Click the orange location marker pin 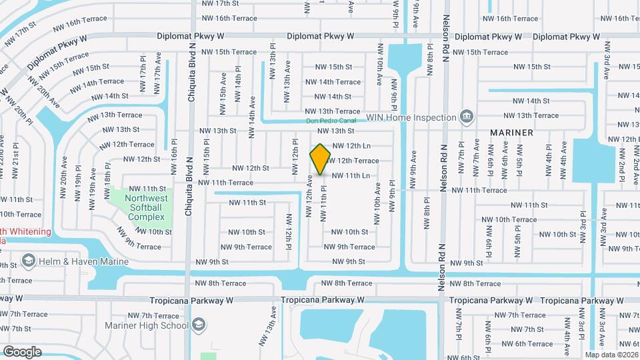click(321, 159)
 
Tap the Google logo click(22, 351)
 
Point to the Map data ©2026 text click(611, 355)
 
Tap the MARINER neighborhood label click(511, 133)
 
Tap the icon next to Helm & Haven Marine click(29, 259)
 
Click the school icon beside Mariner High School click(199, 325)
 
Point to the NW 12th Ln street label click(351, 145)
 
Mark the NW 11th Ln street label click(351, 175)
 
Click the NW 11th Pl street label click(323, 203)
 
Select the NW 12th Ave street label click(309, 197)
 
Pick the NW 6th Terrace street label click(527, 344)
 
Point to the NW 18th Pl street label click(107, 181)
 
